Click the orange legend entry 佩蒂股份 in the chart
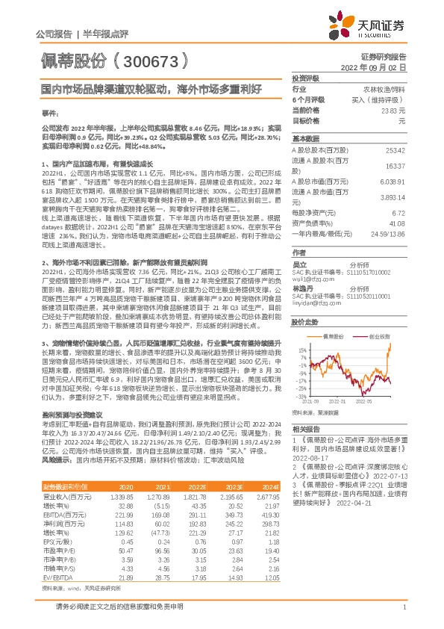coord(333,316)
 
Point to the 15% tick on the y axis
coord(302,329)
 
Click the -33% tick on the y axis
coord(301,396)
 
